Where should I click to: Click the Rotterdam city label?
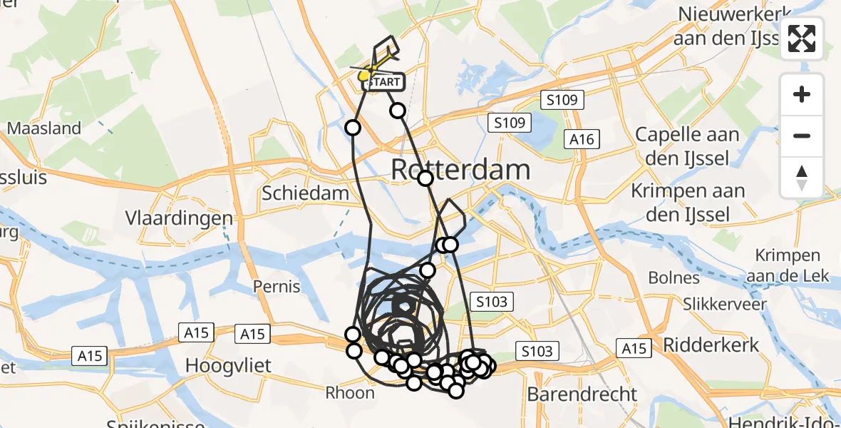462,170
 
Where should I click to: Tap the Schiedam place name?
305,193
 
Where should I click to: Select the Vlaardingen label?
179,218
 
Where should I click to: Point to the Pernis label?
277,287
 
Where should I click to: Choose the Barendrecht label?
582,394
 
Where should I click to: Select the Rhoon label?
350,392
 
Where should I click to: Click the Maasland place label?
44,129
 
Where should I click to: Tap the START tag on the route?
386,83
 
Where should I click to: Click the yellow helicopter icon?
367,71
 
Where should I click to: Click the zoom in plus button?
802,94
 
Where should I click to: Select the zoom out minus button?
802,136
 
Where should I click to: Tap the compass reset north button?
802,177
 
